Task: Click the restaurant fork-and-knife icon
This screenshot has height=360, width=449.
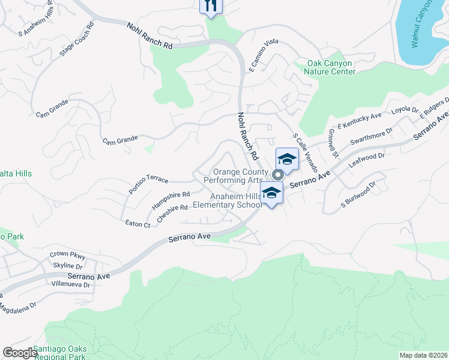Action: pos(210,5)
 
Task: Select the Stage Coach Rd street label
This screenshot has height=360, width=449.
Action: pos(77,40)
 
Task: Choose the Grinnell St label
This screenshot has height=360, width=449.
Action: pos(334,143)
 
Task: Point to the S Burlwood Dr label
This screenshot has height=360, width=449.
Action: pos(358,196)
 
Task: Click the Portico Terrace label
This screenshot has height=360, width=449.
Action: pos(148,184)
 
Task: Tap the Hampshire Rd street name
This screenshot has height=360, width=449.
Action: pos(170,199)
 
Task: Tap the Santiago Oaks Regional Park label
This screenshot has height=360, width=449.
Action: pos(60,353)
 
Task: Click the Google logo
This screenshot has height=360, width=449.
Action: pos(20,353)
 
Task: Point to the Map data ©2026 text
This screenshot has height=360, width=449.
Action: pos(423,355)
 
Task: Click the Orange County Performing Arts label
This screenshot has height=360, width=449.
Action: pos(234,176)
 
